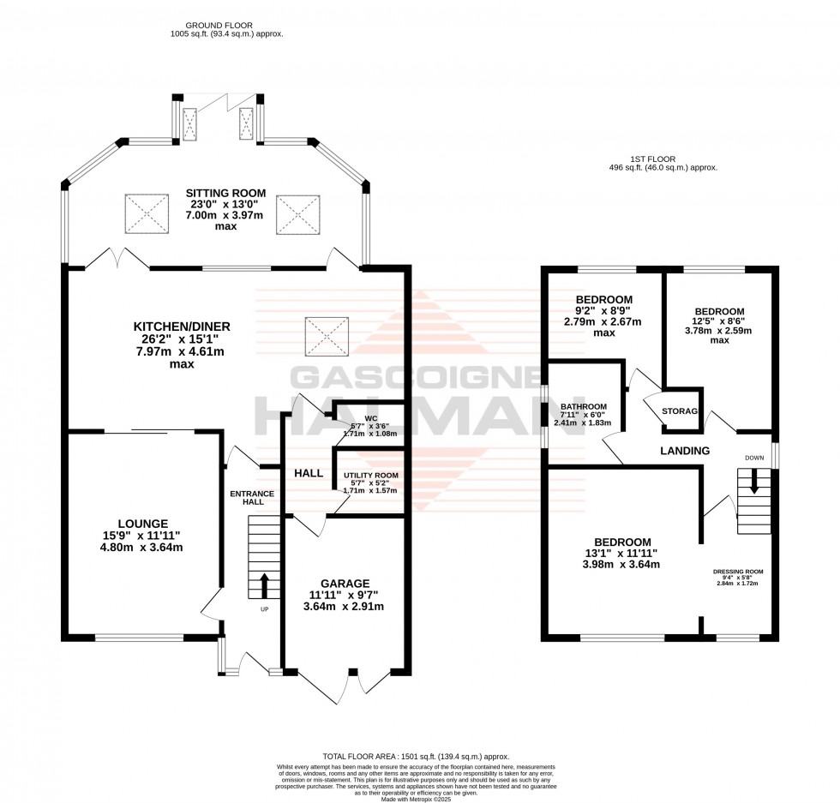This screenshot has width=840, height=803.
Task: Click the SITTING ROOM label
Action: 227,193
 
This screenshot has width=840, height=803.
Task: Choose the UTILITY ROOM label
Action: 370,475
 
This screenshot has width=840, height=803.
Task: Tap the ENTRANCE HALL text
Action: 252,498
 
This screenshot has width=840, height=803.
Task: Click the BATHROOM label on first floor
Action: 584,406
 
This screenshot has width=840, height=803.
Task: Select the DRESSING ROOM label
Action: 738,571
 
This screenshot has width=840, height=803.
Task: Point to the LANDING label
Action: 684,451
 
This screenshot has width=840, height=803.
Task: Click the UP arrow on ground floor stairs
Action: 263,586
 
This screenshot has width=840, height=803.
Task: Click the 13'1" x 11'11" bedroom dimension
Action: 622,554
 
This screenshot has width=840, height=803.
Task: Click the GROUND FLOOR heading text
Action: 226,26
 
